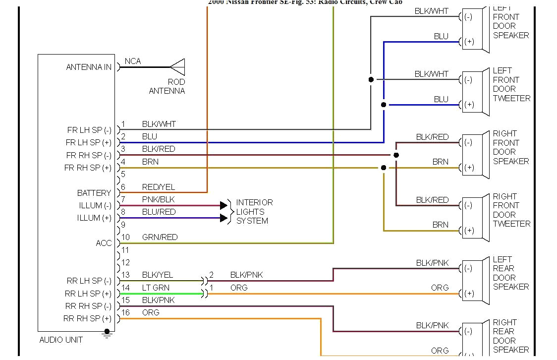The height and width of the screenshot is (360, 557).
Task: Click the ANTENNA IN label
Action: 89,67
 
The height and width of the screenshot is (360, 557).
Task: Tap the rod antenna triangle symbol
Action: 177,67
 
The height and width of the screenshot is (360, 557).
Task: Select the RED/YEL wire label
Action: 159,187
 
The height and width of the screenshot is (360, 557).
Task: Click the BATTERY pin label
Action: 94,193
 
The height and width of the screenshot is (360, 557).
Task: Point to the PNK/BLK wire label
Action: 159,199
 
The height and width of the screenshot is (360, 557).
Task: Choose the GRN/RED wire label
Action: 160,237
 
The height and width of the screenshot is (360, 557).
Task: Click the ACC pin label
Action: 104,243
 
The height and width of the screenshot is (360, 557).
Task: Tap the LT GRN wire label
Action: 156,288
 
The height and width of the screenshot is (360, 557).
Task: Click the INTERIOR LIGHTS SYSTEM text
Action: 254,212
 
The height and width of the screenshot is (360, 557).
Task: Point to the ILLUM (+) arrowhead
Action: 223,218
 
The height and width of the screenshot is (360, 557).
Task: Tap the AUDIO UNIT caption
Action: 61,340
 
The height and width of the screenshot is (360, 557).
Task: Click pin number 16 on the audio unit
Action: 125,312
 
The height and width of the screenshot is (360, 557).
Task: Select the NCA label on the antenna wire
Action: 133,61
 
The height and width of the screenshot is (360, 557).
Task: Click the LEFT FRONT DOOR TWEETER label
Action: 511,84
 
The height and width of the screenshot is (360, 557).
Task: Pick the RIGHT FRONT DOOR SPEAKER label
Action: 510,147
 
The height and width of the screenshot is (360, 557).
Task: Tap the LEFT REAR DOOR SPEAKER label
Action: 510,273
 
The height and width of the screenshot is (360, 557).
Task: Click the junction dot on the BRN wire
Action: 384,168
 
